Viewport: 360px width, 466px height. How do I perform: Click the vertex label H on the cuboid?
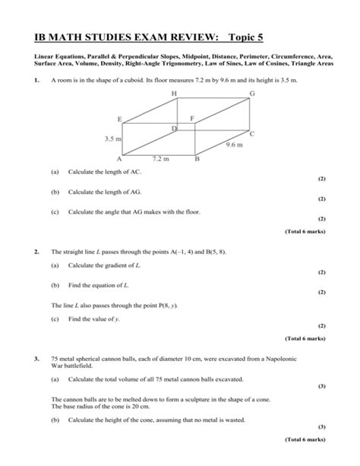click(174, 93)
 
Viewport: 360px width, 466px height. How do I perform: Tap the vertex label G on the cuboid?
click(251, 93)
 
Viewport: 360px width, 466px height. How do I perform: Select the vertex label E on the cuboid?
click(119, 119)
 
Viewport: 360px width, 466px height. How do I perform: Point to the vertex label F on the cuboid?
click(192, 119)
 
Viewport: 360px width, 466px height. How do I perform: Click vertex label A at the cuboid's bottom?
click(119, 160)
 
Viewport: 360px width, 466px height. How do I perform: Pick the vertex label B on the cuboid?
click(197, 160)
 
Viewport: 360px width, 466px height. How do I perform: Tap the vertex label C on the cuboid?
click(252, 133)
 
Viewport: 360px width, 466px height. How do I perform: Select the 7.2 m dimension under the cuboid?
click(159, 160)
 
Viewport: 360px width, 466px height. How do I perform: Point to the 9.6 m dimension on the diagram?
click(232, 146)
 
